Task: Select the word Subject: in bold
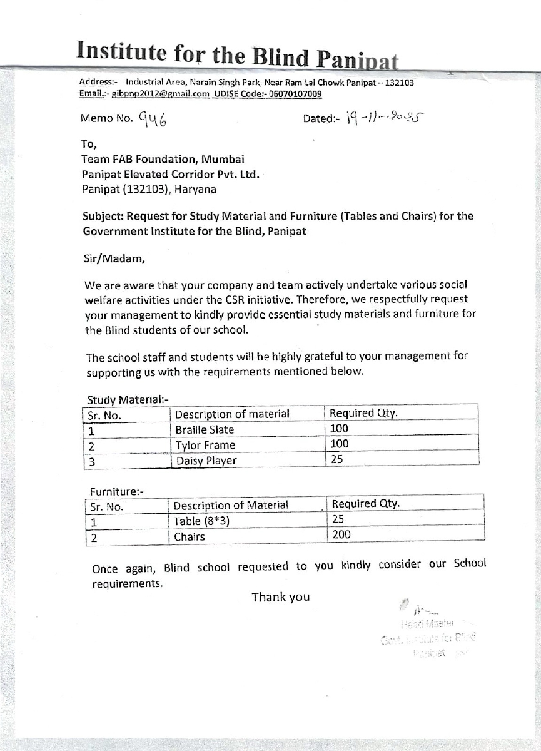click(103, 217)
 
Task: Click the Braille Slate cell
click(205, 430)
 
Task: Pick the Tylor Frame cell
click(205, 446)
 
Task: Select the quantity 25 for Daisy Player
click(337, 459)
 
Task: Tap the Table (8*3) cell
click(196, 521)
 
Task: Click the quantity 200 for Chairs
click(341, 534)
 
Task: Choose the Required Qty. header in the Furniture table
click(366, 504)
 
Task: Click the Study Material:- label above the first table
click(128, 399)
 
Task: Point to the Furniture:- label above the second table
click(117, 491)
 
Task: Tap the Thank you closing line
click(281, 597)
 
